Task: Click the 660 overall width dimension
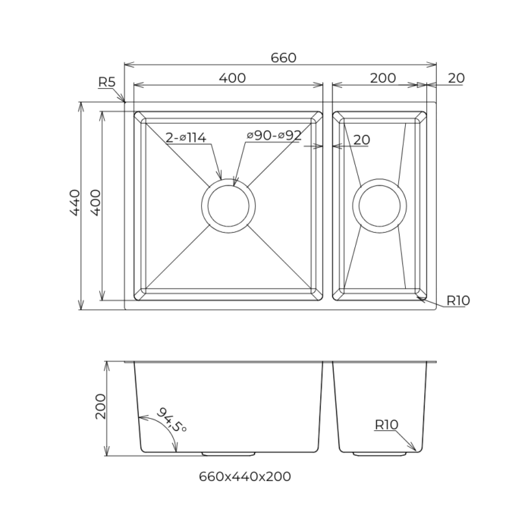click(282, 58)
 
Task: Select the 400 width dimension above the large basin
click(232, 77)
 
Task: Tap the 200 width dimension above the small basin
click(383, 77)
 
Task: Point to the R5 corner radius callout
click(106, 82)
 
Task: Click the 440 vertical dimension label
click(74, 203)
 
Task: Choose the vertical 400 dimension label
click(95, 203)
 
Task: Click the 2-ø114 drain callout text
click(186, 137)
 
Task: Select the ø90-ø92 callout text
click(274, 136)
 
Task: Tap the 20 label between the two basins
click(362, 140)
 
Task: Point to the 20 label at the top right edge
click(456, 77)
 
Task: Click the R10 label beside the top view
click(457, 300)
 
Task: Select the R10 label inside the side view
click(386, 425)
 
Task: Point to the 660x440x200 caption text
click(244, 476)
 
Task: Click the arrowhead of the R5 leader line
click(124, 102)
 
